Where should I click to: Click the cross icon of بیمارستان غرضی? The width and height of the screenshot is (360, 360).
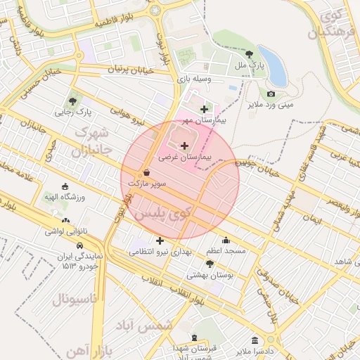click(184, 146)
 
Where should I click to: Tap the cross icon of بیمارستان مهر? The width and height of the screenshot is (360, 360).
click(205, 109)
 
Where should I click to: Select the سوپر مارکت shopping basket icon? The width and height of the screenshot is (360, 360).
click(146, 172)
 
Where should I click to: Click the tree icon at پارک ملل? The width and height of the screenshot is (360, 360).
click(249, 53)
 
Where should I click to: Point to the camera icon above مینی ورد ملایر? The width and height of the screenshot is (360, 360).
click(271, 94)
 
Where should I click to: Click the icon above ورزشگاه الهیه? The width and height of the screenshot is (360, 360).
click(65, 186)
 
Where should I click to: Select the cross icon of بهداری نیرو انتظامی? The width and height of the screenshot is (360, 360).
click(160, 241)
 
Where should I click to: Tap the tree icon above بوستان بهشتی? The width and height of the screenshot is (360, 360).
click(209, 264)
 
